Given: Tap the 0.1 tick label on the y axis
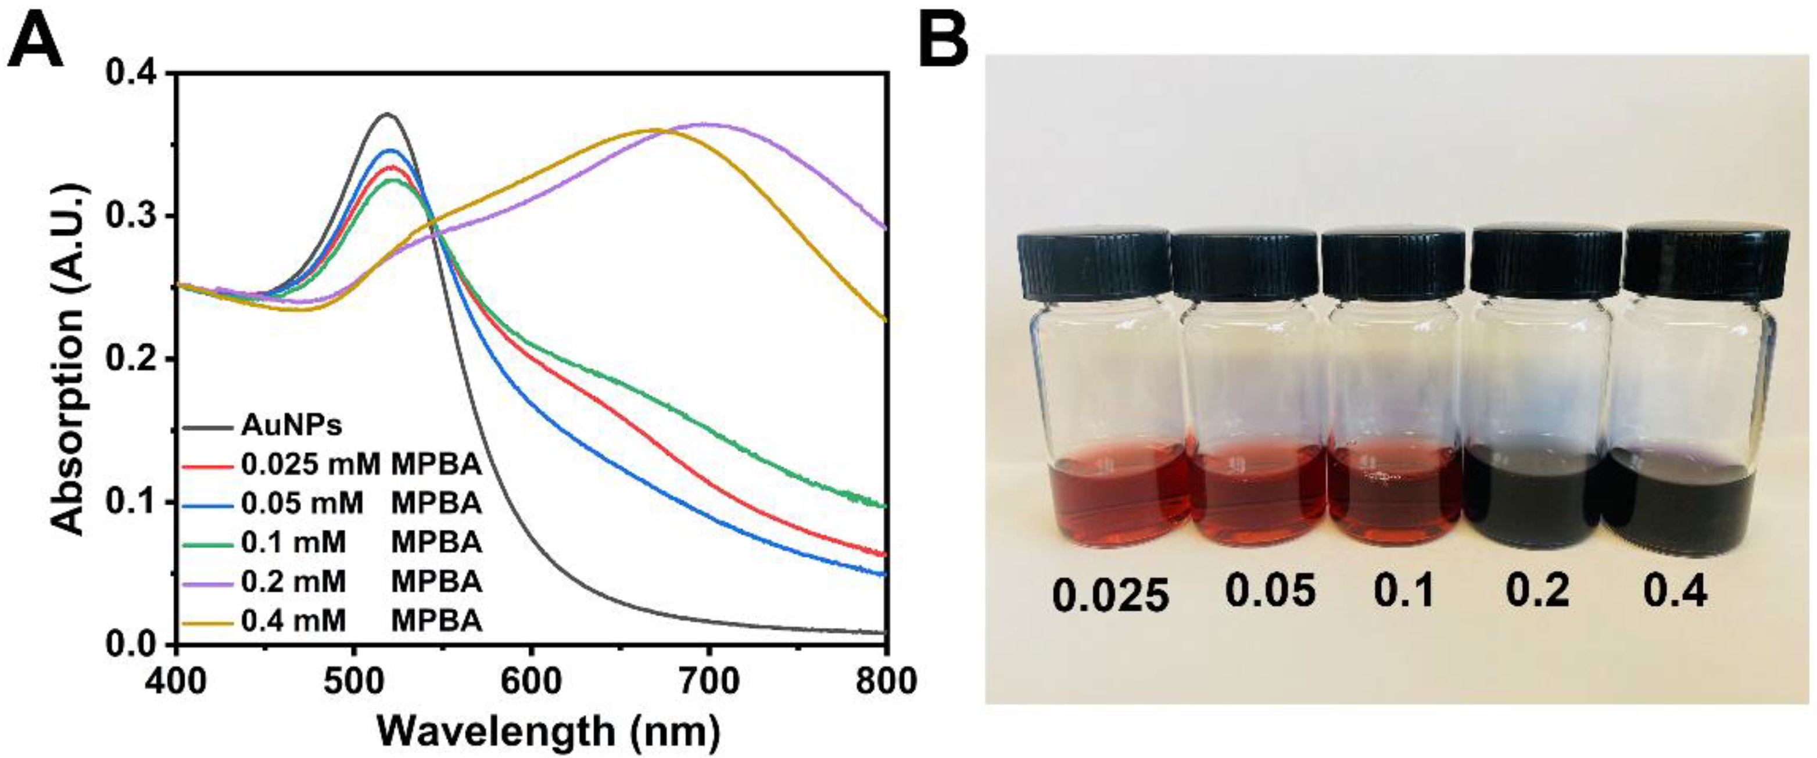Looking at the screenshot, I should tap(134, 502).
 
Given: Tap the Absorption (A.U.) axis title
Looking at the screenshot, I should tap(69, 360).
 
